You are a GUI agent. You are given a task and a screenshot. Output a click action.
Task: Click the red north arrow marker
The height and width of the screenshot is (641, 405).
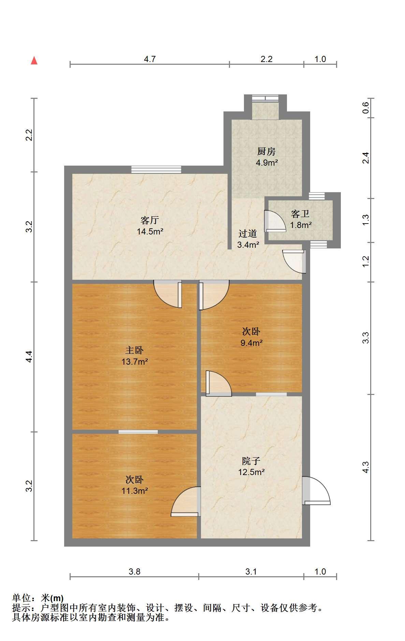coord(34,61)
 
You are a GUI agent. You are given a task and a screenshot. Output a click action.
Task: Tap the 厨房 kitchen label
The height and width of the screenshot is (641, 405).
coord(266,152)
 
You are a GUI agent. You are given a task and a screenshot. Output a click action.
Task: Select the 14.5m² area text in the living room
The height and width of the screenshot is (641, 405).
coord(150,232)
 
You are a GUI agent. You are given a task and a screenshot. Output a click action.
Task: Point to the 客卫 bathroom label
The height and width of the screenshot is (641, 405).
coord(300,214)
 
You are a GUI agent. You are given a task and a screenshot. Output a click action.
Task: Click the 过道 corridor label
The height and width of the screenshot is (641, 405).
coord(248,234)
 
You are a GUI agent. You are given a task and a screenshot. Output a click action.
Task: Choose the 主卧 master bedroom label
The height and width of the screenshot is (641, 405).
coord(134,350)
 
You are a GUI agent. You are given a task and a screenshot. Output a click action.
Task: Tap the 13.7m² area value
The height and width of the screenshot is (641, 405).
coord(134,362)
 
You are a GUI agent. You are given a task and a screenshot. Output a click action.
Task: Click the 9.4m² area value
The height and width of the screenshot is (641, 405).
coord(251,343)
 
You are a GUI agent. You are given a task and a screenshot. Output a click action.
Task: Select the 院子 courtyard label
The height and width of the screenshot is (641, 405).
coord(251,461)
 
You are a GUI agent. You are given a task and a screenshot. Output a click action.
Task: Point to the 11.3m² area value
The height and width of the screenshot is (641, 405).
coord(134,491)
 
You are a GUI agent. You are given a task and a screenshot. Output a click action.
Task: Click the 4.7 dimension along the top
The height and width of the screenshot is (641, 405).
coord(150,59)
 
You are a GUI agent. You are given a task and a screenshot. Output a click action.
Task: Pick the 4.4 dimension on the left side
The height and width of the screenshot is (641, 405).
coord(29,356)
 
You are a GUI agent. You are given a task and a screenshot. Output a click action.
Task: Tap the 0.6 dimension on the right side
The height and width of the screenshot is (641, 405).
coord(365,108)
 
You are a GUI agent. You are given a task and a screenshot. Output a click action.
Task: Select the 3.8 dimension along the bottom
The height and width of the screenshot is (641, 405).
coord(134,571)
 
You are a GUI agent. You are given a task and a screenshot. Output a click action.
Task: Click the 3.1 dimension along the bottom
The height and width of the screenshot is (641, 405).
coord(251,571)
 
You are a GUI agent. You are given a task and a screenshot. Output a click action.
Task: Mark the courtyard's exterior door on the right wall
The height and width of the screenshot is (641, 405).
coord(316,490)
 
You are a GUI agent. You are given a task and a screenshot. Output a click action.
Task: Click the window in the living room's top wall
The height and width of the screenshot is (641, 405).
coord(156,169)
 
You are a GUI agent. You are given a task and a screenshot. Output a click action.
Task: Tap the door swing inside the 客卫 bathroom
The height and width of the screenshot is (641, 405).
coord(275,221)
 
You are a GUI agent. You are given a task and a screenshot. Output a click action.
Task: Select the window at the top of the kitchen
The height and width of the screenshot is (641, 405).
coord(265,98)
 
